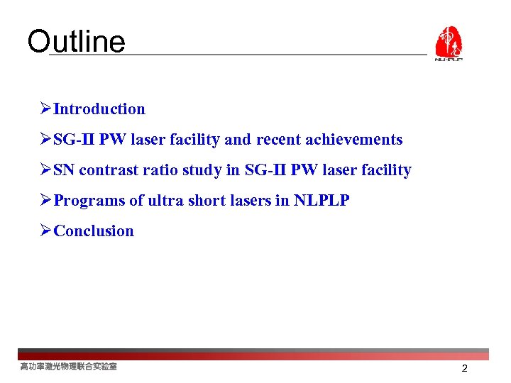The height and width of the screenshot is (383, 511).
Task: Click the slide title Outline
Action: coord(76,42)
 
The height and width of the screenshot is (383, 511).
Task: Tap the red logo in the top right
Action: coord(448,43)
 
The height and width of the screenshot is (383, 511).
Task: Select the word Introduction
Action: coord(99,109)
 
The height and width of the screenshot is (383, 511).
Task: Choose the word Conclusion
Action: coord(94,231)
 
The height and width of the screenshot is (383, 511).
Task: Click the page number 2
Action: coord(464,369)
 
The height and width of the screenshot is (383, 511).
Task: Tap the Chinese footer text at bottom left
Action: coord(68,367)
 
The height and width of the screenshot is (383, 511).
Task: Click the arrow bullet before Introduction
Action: coord(45,109)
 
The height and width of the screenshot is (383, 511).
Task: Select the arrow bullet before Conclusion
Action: coord(45,231)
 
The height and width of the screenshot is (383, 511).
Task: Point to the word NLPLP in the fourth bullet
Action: coord(322,201)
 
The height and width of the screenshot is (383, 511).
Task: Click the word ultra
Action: coord(164,201)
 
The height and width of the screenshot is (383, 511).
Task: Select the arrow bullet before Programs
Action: coord(45,201)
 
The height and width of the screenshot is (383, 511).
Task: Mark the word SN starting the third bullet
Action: coord(65,170)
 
